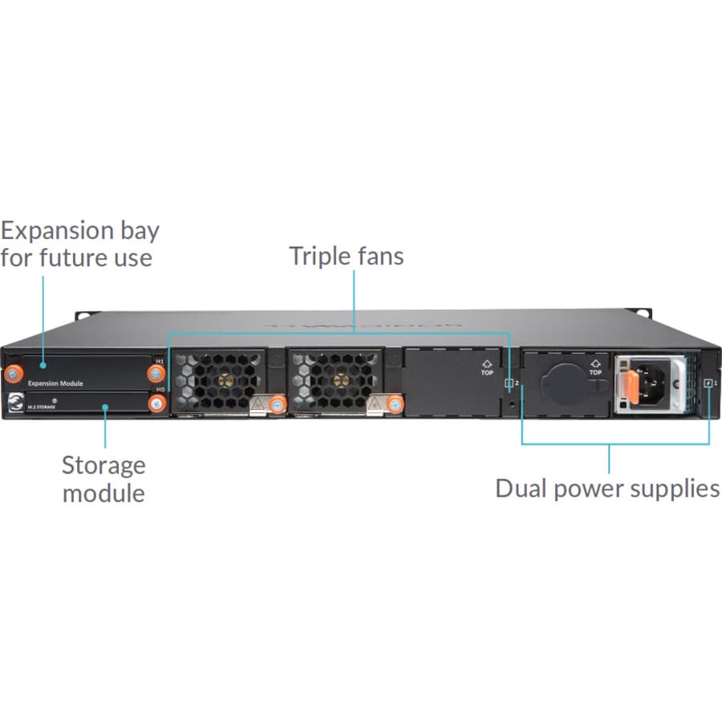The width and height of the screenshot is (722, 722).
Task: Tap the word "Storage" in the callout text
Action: tap(103, 465)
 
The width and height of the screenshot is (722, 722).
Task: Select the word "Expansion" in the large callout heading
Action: tap(67, 231)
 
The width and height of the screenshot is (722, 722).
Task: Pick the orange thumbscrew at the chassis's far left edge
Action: tap(14, 374)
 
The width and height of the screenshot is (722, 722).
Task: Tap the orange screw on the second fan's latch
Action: tap(394, 404)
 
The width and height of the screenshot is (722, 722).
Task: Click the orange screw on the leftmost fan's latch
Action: tap(277, 404)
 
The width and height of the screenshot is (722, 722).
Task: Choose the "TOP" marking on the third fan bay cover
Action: tap(487, 370)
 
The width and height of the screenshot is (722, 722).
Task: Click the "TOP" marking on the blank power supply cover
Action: tap(594, 369)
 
